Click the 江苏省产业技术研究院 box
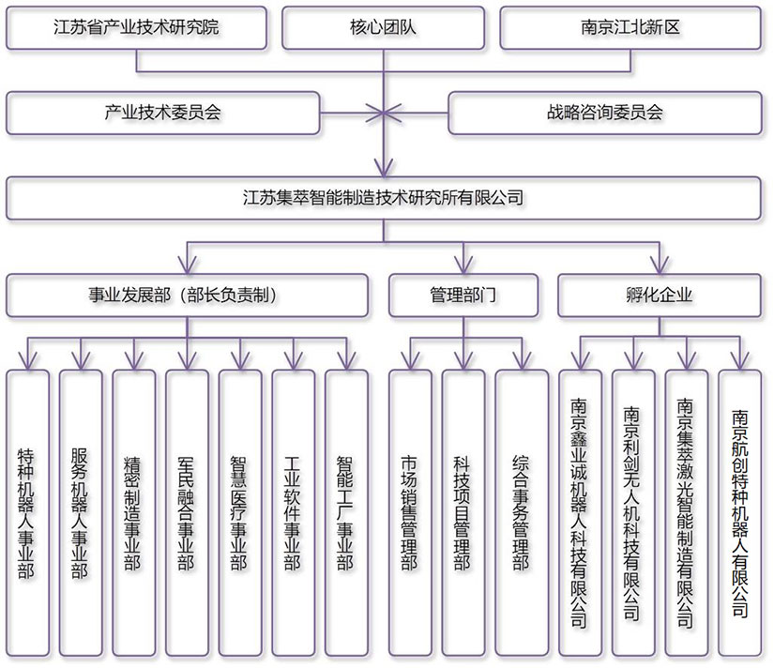pos(137,27)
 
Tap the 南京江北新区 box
pos(630,27)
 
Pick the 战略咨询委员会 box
pos(605,113)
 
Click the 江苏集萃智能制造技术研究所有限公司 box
pos(386,198)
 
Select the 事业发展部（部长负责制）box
pos(188,295)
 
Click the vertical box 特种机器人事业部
pos(27,510)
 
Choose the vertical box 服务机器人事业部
pos(81,510)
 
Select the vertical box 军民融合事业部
pos(187,510)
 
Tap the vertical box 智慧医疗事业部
pos(240,510)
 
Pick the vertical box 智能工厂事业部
pos(346,510)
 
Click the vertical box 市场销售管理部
pos(410,510)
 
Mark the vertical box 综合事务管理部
pos(519,510)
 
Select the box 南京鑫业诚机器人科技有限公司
pos(579,510)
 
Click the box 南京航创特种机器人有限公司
pos(740,510)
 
